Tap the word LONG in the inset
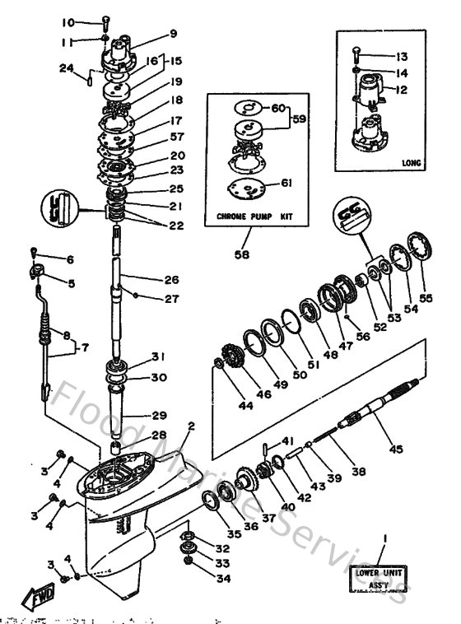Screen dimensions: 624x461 point(410,163)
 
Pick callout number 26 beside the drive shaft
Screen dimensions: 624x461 point(170,279)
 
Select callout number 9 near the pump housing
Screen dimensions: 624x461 point(173,34)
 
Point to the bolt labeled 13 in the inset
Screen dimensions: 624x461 point(356,55)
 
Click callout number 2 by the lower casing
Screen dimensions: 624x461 point(191,426)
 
